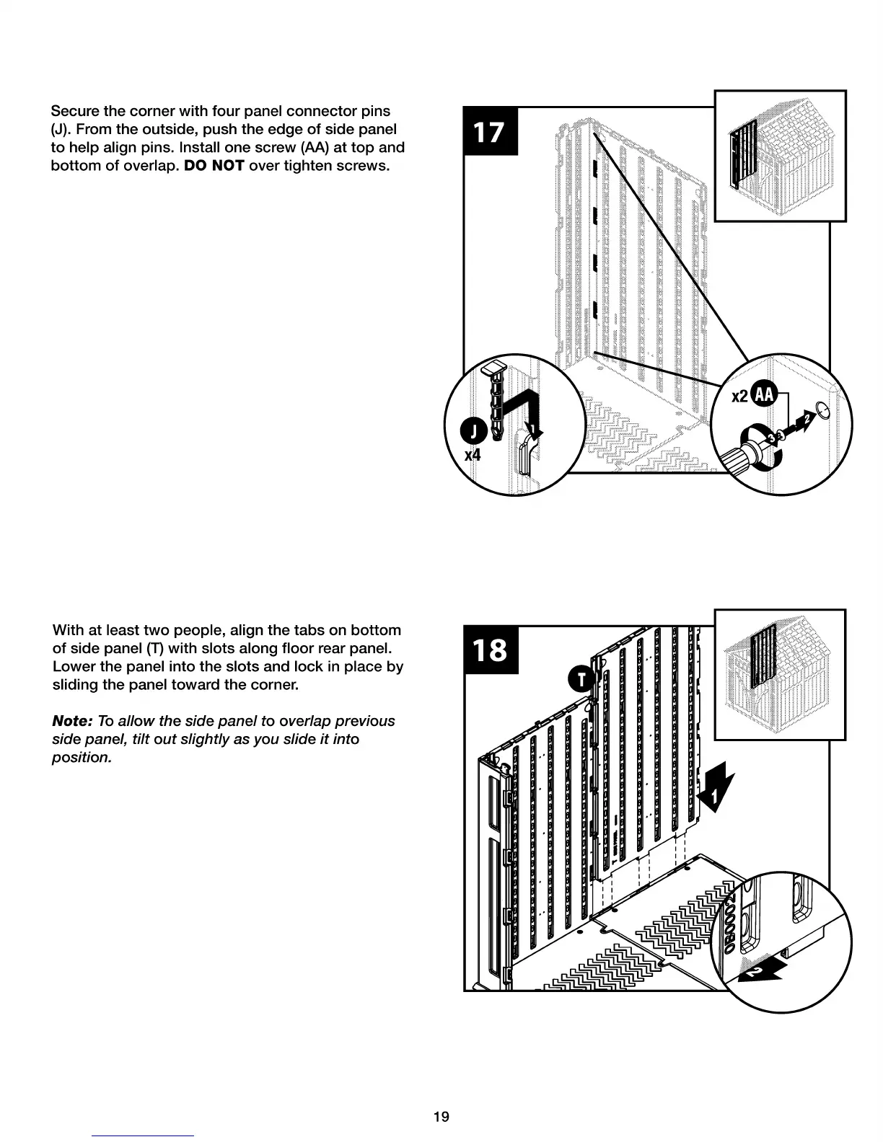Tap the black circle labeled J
tap(473, 432)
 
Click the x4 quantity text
tap(473, 455)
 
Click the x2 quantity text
tap(740, 396)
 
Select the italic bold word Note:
tap(72, 721)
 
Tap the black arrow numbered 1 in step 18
tap(716, 793)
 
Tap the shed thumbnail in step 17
tap(780, 156)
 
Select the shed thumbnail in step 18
tap(780, 674)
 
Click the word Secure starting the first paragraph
tap(75, 111)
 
